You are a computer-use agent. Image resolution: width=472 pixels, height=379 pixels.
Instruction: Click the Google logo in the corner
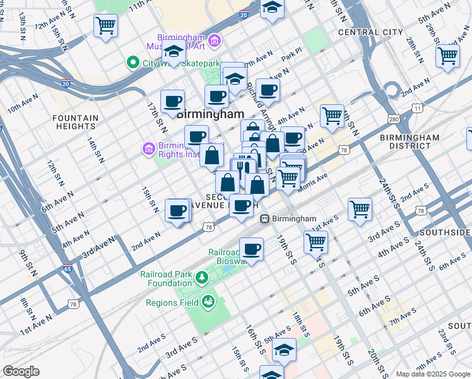pyautogui.click(x=21, y=371)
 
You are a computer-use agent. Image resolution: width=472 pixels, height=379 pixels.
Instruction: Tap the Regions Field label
pyautogui.click(x=172, y=303)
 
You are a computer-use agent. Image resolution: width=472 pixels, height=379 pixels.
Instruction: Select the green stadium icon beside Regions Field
pyautogui.click(x=207, y=303)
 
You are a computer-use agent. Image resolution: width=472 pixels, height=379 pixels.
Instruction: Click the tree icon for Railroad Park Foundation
pyautogui.click(x=201, y=277)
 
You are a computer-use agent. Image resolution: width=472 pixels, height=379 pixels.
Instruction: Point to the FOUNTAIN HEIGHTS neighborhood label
pyautogui.click(x=75, y=122)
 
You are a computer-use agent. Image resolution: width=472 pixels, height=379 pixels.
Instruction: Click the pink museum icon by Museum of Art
pyautogui.click(x=215, y=42)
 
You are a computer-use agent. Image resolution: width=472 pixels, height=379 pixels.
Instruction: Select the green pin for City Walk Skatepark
pyautogui.click(x=133, y=63)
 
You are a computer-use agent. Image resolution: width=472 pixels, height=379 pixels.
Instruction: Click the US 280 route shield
pyautogui.click(x=395, y=119)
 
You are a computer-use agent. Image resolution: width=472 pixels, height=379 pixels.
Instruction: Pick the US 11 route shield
pyautogui.click(x=417, y=109)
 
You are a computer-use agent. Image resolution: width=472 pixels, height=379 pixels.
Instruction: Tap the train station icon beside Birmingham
pyautogui.click(x=266, y=219)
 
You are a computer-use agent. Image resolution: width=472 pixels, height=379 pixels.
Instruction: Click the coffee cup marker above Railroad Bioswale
pyautogui.click(x=251, y=248)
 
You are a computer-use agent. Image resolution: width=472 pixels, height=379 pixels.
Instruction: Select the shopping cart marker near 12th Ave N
pyautogui.click(x=105, y=27)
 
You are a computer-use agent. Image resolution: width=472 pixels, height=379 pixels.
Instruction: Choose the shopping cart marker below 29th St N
pyautogui.click(x=447, y=56)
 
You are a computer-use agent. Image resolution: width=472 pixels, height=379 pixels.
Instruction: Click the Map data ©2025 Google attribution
pyautogui.click(x=432, y=373)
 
